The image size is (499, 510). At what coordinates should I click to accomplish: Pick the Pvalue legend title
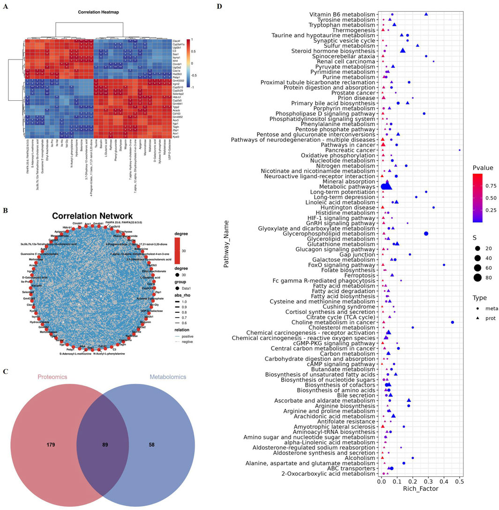point(483,167)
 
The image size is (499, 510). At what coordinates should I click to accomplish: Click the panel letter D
point(220,7)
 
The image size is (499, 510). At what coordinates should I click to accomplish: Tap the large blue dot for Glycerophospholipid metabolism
point(426,233)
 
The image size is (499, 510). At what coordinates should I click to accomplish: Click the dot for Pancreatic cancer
point(460,150)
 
